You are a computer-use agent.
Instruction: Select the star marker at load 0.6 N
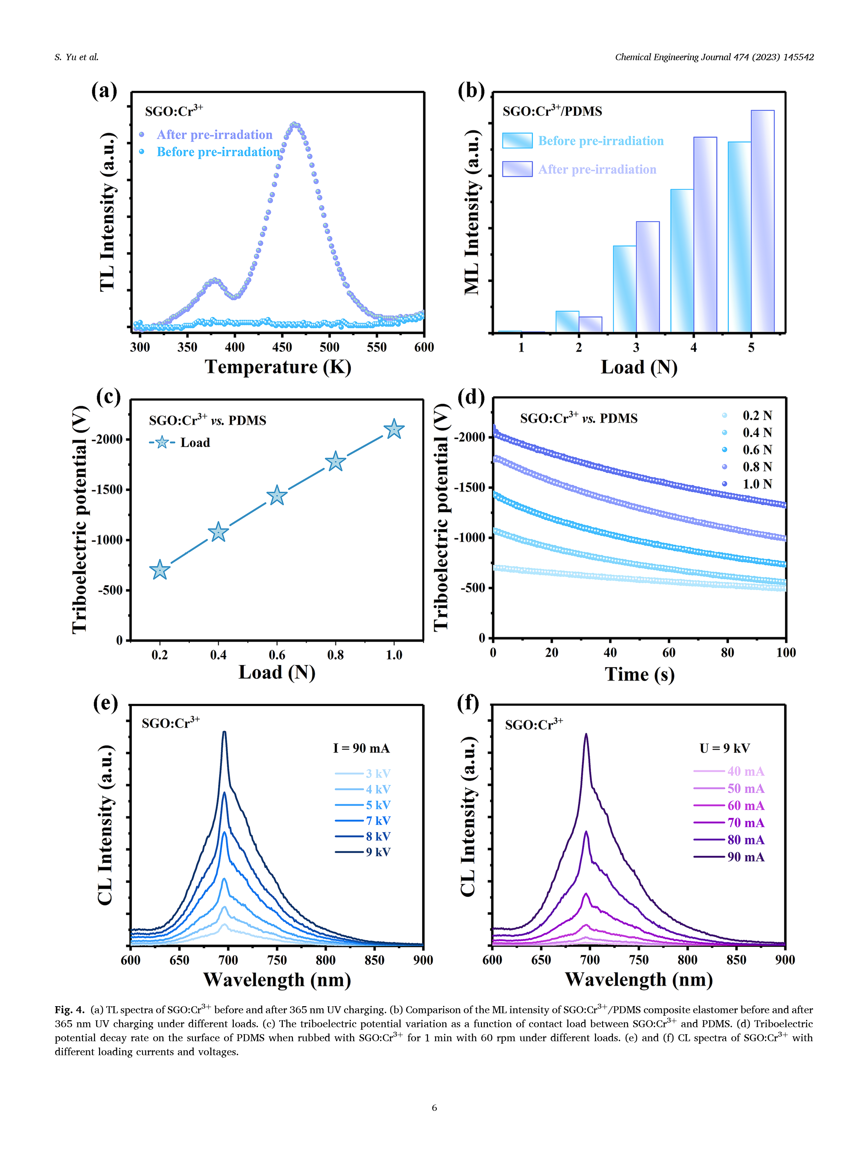pos(277,495)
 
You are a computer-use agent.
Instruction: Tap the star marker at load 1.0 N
pos(394,429)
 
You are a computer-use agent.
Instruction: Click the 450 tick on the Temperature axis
pos(282,347)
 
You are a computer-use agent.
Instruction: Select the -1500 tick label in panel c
pos(107,489)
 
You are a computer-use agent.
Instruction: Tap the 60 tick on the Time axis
pos(668,652)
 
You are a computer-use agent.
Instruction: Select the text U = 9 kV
pos(724,748)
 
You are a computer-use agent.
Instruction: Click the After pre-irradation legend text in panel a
pos(215,135)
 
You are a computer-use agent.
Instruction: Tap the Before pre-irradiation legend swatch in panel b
pos(517,141)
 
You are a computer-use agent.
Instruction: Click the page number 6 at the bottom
pos(434,1107)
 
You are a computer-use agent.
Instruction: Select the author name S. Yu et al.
pos(76,57)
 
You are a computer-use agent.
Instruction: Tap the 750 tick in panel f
pos(638,960)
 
